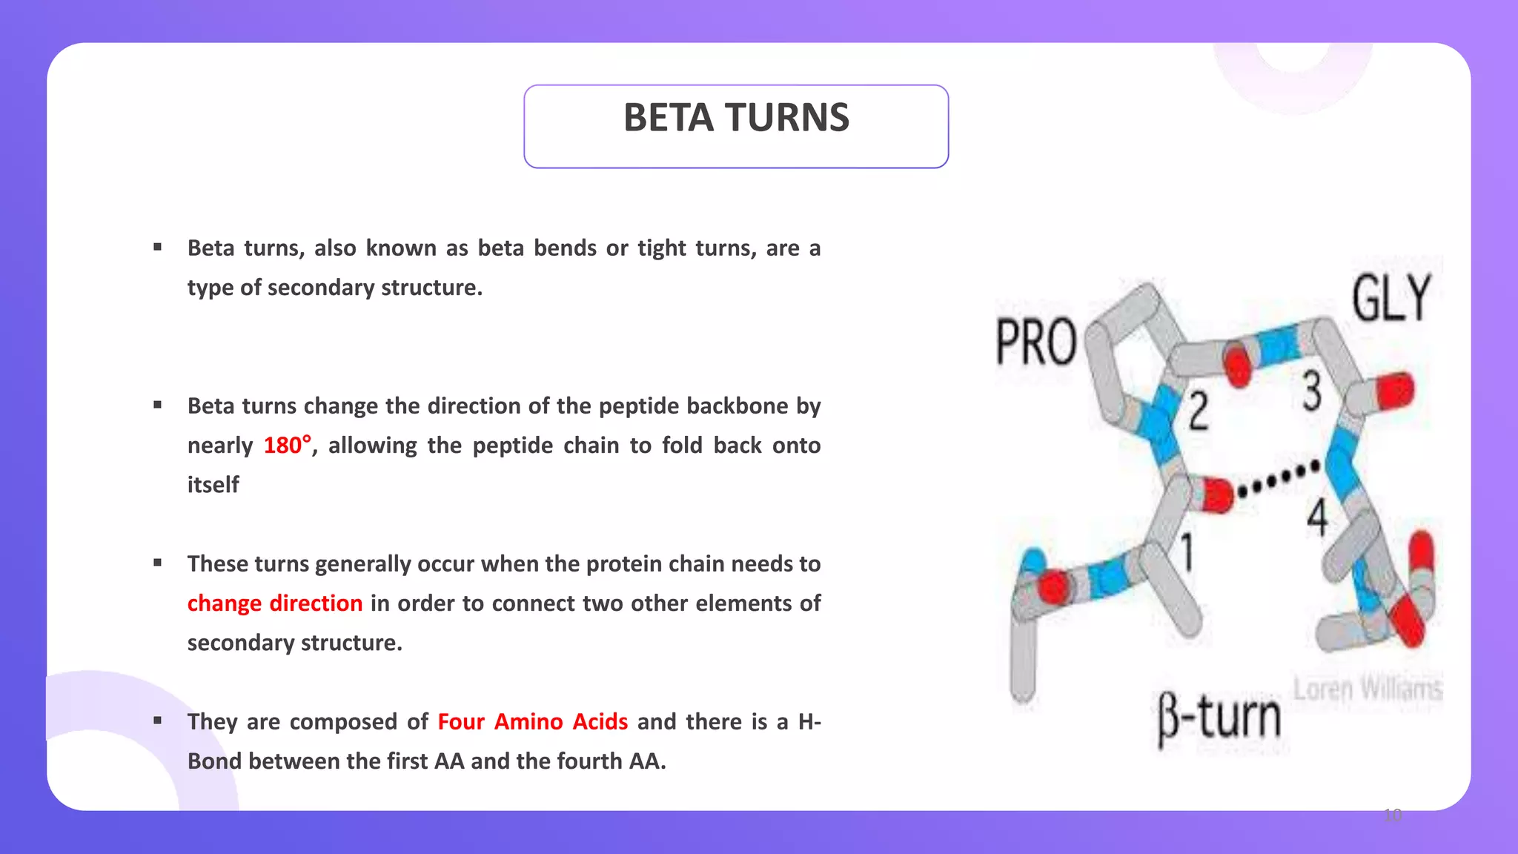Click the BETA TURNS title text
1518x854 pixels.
click(736, 119)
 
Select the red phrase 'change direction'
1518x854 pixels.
click(274, 603)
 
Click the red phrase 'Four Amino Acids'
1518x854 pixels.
click(532, 722)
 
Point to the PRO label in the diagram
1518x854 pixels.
click(1035, 342)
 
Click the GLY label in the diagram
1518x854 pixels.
click(1391, 298)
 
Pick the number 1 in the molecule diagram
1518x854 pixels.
click(1187, 552)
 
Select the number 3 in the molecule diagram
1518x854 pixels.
click(1312, 391)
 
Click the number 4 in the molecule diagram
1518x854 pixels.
click(1317, 517)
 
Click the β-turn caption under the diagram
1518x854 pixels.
click(1219, 718)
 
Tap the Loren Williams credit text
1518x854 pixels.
click(1368, 689)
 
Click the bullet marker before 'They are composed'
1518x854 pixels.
click(158, 721)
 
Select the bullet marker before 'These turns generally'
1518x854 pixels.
click(158, 563)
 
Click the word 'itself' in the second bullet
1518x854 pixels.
click(213, 485)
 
